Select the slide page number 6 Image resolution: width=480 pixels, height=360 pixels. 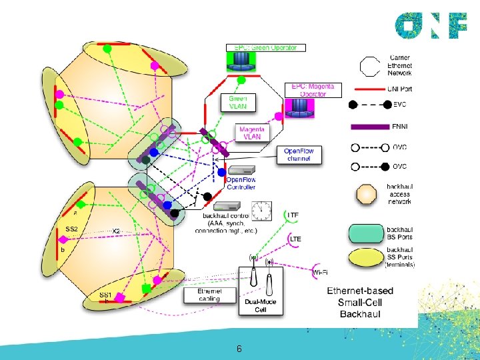[239, 349]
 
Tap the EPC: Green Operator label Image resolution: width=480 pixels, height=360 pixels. [266, 48]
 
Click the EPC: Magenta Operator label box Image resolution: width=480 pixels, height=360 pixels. [313, 90]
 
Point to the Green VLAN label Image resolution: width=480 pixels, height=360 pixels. [238, 103]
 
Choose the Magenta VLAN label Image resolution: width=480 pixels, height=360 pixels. [252, 133]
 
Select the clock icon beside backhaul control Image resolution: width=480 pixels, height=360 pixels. [261, 210]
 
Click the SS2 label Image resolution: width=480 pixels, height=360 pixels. [72, 229]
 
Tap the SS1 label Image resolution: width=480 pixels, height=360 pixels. [105, 295]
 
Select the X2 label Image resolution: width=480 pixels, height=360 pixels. [115, 231]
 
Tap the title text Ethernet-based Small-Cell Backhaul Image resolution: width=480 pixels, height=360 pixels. [360, 302]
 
